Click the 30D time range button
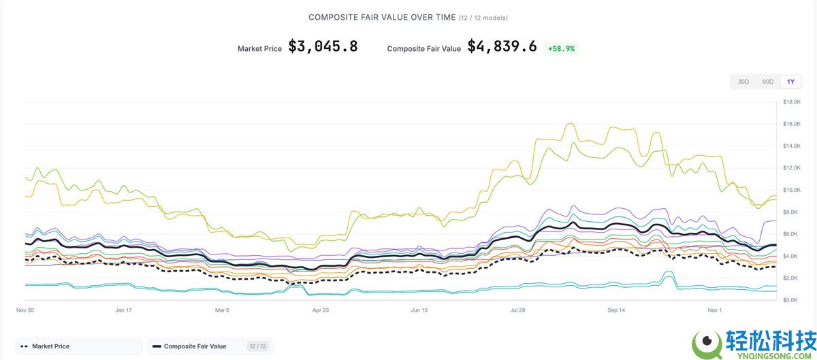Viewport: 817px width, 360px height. (743, 82)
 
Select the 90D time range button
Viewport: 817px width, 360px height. (767, 82)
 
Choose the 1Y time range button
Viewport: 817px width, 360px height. (790, 82)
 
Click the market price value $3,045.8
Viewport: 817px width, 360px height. (323, 46)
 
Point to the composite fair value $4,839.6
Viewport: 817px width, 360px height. (502, 46)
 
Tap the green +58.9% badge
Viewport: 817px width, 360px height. (560, 48)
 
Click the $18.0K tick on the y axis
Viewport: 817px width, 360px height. (792, 102)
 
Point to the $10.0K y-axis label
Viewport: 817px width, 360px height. (792, 190)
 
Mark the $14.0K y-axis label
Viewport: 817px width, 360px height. (792, 146)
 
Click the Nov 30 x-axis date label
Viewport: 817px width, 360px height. (25, 310)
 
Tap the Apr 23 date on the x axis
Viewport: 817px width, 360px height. (321, 310)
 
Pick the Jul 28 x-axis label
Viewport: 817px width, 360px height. (517, 310)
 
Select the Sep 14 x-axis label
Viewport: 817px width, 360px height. (616, 310)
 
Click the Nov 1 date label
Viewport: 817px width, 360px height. (714, 310)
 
